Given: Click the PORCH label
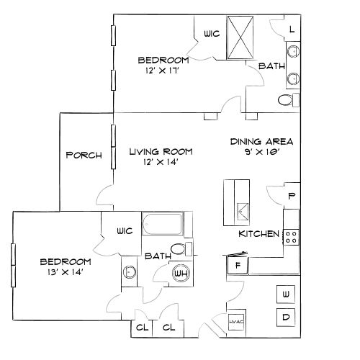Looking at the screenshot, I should (x=84, y=155).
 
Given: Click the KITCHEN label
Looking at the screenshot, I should (x=258, y=235).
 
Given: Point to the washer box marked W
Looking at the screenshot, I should (x=286, y=294).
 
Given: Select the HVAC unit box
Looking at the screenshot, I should (x=237, y=322).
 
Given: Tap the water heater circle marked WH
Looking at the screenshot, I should (x=180, y=274).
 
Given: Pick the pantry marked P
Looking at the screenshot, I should (x=292, y=196).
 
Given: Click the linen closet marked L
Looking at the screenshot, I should (x=292, y=29).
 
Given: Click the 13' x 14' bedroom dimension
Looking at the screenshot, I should (x=65, y=272).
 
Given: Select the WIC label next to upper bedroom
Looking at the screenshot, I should (x=211, y=33).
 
